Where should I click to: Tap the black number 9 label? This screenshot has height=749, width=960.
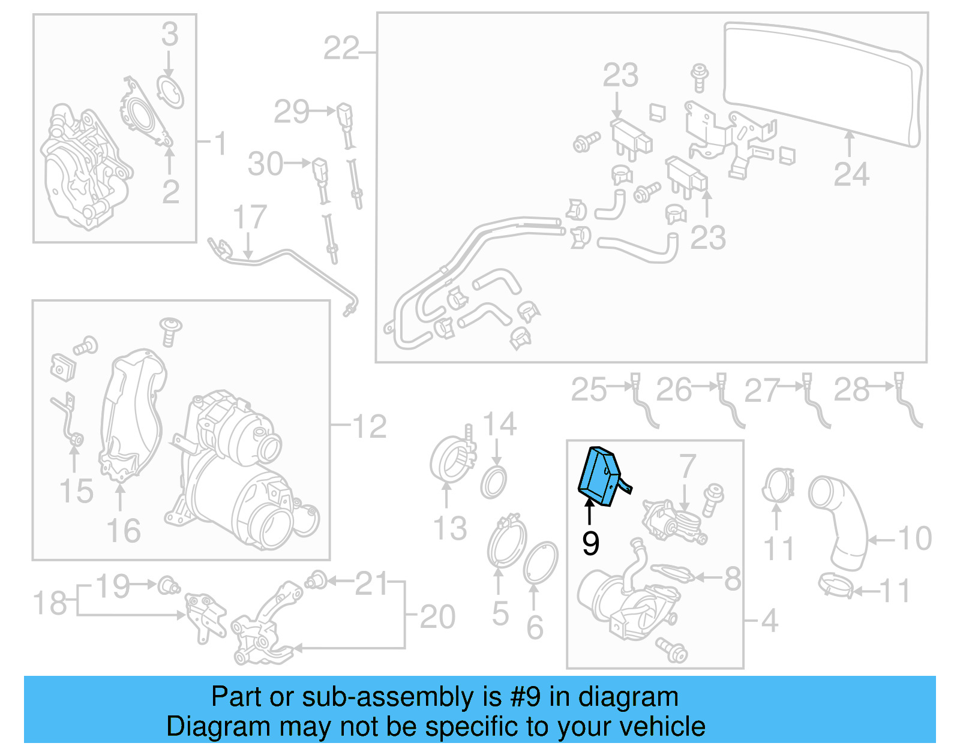coord(590,543)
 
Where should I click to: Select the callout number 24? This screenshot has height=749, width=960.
coord(851,175)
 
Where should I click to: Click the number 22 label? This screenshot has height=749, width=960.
coord(341,48)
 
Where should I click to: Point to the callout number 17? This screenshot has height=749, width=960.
coord(249,217)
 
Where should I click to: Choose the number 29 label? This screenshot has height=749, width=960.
coord(291,112)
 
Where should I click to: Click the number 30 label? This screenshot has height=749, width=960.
coord(265,164)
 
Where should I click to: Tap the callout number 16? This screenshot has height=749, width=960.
coord(123,531)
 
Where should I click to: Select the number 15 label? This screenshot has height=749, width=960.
coord(76,491)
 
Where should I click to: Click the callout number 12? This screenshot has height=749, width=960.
coord(369,426)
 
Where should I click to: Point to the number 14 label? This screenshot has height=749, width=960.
coord(499,425)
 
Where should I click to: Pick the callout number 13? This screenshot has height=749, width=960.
coord(449,528)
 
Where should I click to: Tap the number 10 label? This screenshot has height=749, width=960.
coord(914,538)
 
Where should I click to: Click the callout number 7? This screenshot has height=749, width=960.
coord(687,466)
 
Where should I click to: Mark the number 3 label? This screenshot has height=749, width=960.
coord(170,34)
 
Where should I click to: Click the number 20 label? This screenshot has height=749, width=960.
coord(437,616)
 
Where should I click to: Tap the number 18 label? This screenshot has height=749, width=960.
coord(50,603)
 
